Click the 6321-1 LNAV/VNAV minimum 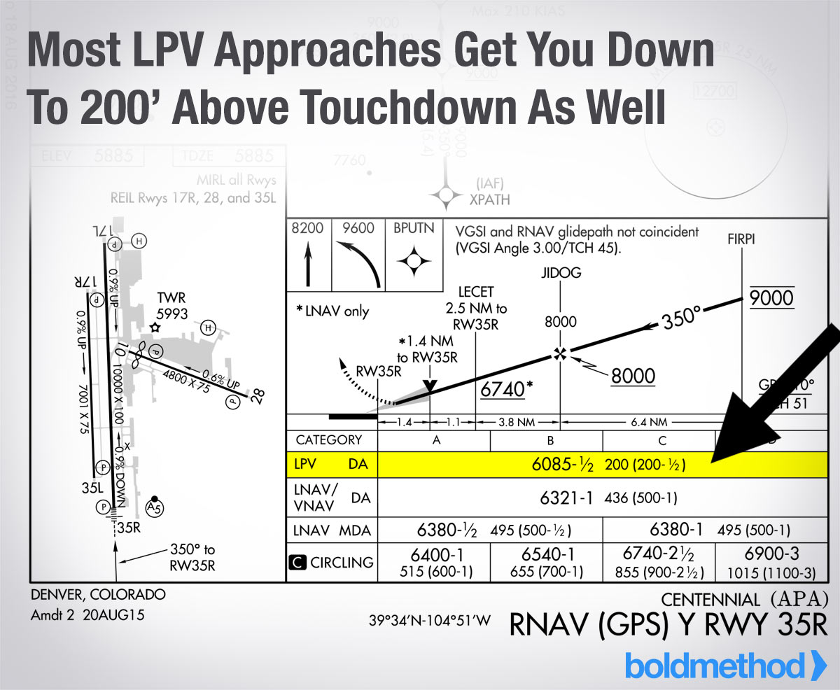[567, 498]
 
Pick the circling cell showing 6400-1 [434, 561]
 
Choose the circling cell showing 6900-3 [771, 561]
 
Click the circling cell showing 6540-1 [546, 561]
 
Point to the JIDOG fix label [560, 273]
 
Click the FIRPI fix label [741, 238]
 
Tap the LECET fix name [475, 291]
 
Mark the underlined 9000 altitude [771, 299]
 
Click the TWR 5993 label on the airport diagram [172, 306]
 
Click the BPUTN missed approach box [414, 255]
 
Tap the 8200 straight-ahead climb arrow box [307, 255]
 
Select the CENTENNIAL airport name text [710, 599]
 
